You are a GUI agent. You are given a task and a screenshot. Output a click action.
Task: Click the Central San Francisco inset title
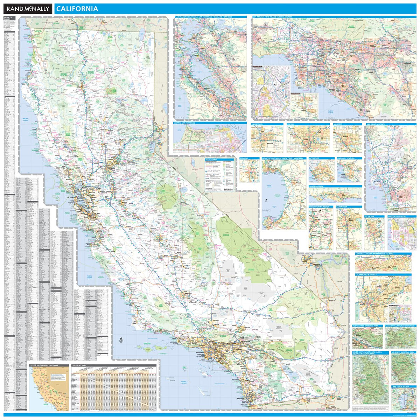(185, 123)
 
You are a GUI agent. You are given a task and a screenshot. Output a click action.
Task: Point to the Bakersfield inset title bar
(259, 124)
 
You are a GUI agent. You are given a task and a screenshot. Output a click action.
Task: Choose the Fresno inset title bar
(291, 124)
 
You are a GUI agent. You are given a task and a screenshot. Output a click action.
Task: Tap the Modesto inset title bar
(338, 124)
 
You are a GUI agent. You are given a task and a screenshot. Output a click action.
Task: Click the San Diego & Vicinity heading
(376, 124)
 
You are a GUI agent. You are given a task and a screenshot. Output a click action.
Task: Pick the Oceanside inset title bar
(314, 158)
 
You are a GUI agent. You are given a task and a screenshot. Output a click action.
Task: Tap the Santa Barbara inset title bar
(317, 187)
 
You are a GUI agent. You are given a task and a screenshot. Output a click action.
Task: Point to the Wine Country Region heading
(319, 207)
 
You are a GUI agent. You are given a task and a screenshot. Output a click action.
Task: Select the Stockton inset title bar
(370, 217)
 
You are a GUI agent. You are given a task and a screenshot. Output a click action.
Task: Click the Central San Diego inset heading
(397, 217)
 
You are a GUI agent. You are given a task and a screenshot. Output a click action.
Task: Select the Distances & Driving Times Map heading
(44, 365)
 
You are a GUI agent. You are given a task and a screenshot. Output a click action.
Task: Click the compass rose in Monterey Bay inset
(266, 201)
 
